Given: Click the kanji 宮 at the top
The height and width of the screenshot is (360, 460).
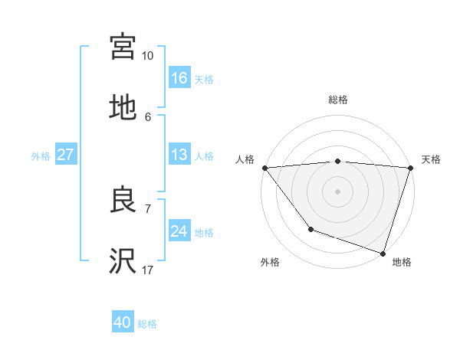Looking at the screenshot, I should [x=123, y=46].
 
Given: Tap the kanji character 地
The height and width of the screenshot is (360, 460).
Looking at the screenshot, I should [x=123, y=108].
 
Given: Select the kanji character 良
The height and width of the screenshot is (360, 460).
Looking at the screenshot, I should [x=123, y=201].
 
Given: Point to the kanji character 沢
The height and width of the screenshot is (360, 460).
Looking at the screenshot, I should [x=123, y=262].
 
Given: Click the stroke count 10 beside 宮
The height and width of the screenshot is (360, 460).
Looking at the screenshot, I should [x=147, y=56].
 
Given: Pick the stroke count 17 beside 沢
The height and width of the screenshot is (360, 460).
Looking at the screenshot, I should [x=147, y=270].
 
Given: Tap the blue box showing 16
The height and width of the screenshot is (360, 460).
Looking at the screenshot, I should [x=179, y=77].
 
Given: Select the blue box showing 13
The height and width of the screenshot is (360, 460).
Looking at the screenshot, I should [x=179, y=155].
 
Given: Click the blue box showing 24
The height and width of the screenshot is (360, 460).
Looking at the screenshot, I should [x=179, y=231].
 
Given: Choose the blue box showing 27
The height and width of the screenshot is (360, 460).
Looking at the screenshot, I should [x=65, y=155].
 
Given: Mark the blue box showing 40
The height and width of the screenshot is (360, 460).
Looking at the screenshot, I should [x=123, y=322].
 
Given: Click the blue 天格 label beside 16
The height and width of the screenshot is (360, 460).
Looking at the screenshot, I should [x=204, y=79].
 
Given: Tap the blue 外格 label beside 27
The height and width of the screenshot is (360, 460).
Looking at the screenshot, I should [x=41, y=156].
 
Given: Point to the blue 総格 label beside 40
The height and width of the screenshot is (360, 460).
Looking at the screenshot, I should [x=147, y=324].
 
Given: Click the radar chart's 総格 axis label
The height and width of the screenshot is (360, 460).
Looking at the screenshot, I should [x=338, y=100].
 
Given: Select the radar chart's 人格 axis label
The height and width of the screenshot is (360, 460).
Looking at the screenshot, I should [x=244, y=159].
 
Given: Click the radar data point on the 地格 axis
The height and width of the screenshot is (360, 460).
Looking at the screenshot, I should [x=383, y=253].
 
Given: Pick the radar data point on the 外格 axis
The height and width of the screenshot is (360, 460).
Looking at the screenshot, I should [x=310, y=229].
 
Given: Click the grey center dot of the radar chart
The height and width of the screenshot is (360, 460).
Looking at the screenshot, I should [x=338, y=191].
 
